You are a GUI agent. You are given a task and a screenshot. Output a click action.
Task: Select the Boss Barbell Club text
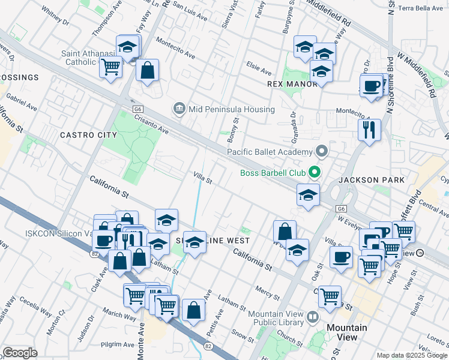pyautogui.click(x=273, y=174)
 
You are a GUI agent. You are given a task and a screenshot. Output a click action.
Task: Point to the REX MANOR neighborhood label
pyautogui.click(x=292, y=84)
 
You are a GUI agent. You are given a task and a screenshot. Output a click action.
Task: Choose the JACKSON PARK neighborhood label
pyautogui.click(x=367, y=180)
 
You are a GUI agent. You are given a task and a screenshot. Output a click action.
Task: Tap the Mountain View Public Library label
pyautogui.click(x=275, y=318)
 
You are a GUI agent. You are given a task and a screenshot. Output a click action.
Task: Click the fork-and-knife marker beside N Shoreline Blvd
pyautogui.click(x=369, y=129)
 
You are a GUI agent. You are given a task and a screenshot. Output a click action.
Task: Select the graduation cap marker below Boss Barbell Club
pyautogui.click(x=308, y=195)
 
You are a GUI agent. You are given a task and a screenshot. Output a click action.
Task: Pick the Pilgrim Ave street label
pyautogui.click(x=115, y=345)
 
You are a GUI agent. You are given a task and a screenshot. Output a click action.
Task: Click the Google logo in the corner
pyautogui.click(x=20, y=353)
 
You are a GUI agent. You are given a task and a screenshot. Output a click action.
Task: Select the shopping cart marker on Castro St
pyautogui.click(x=330, y=296)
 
